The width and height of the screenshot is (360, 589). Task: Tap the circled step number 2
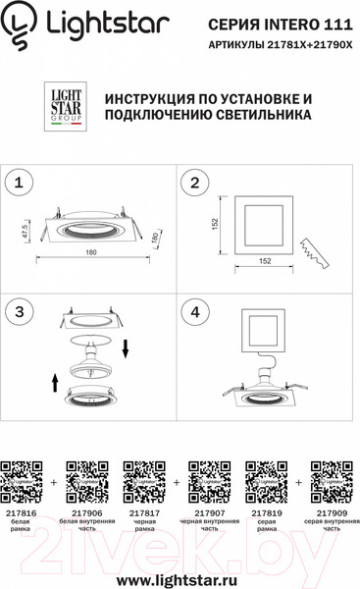[196, 183]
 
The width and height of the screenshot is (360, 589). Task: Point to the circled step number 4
[196, 310]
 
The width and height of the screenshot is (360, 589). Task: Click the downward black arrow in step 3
[126, 348]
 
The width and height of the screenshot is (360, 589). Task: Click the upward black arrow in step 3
[55, 381]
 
